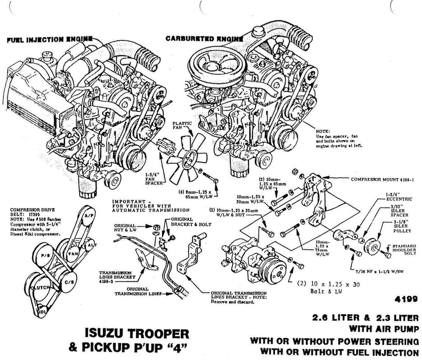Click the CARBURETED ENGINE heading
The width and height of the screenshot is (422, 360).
coord(204,39)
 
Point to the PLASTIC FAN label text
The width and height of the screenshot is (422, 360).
coord(182,125)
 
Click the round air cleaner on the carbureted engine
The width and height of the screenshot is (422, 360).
coord(217,66)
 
